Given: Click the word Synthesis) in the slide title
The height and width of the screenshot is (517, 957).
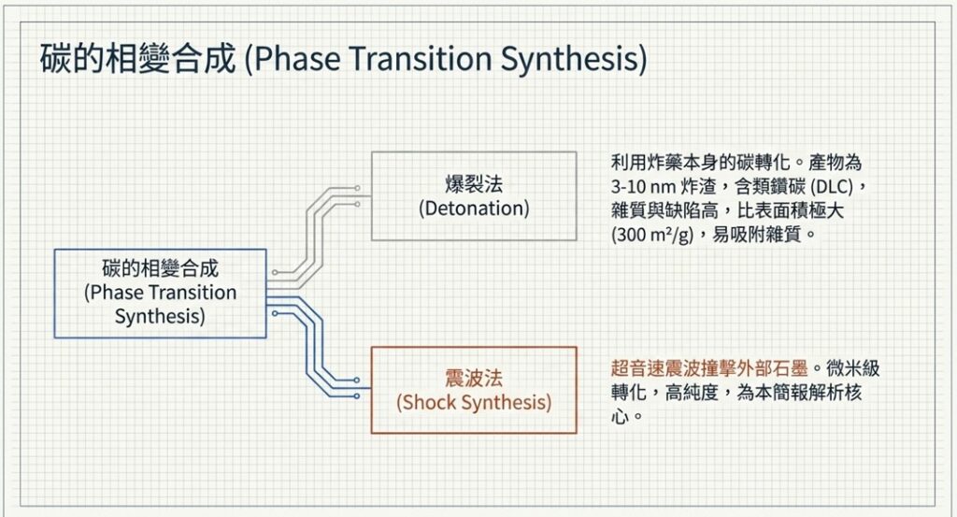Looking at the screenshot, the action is pos(574,59).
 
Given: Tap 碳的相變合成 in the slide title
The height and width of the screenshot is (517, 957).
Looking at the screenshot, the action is pos(138,59).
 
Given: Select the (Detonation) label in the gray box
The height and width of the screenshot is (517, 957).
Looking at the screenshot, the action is pos(474,208).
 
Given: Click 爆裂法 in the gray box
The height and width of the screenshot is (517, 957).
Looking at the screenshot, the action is pos(474,184).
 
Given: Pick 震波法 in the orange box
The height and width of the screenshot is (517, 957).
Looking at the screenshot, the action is pos(474,378).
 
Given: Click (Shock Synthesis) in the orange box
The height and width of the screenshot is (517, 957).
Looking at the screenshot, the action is pos(474,402).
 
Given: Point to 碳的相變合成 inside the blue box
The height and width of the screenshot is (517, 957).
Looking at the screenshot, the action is pos(160,268).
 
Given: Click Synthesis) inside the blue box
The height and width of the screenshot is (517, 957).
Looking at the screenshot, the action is pos(160,316).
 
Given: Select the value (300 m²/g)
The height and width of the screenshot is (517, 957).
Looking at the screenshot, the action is pos(652,235).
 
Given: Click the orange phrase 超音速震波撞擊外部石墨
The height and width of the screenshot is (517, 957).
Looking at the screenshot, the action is pos(709,368).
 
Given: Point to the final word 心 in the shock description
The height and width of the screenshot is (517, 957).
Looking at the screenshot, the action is pos(621,416).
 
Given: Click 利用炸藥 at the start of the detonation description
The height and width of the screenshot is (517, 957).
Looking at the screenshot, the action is pos(647,163).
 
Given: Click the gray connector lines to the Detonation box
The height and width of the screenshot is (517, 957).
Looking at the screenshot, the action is pos(313,235).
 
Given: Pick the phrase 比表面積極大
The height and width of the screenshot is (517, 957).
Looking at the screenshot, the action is pos(791,210).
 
